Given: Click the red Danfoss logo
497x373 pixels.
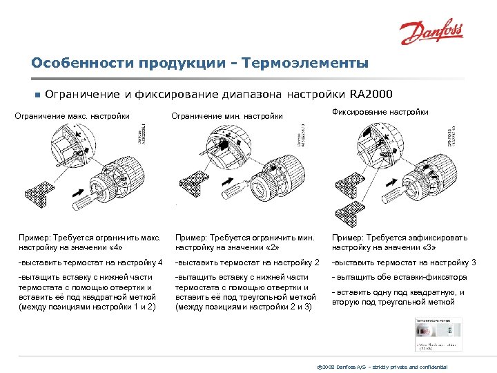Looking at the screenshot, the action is [x=432, y=32].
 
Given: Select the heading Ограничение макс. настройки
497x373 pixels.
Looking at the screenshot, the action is [x=72, y=116].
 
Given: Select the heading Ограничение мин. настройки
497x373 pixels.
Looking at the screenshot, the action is [x=227, y=116].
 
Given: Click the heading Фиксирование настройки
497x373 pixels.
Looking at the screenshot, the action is [x=380, y=112].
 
